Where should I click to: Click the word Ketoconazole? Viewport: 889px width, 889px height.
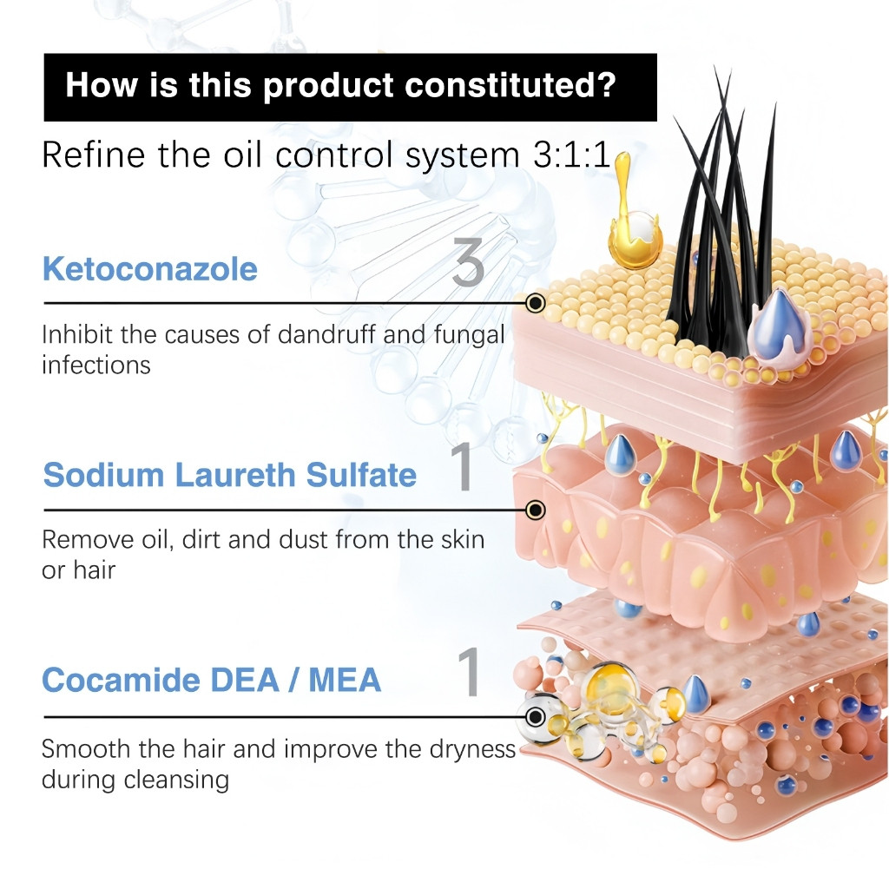click(x=150, y=269)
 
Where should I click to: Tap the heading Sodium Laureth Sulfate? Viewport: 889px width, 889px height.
click(x=230, y=476)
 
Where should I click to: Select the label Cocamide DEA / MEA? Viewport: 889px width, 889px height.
click(x=212, y=680)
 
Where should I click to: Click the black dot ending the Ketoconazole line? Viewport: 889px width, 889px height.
click(x=536, y=303)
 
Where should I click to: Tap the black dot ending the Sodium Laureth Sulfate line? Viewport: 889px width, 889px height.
click(x=536, y=510)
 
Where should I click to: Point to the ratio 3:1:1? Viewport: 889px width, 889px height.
click(x=589, y=156)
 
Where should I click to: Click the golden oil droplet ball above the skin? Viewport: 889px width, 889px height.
click(x=635, y=238)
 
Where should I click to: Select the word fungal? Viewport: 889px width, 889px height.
click(x=468, y=335)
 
